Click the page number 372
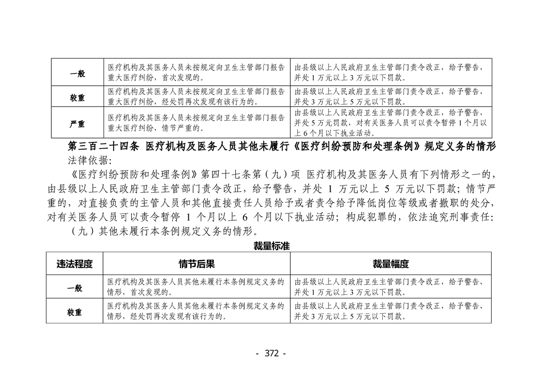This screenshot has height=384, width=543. pyautogui.click(x=271, y=353)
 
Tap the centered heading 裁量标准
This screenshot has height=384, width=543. pyautogui.click(x=271, y=246)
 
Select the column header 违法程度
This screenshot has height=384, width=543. pyautogui.click(x=75, y=264)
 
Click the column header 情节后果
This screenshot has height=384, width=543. pyautogui.click(x=196, y=264)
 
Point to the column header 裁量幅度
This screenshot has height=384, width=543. pyautogui.click(x=391, y=264)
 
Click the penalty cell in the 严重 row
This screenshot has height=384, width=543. pyautogui.click(x=391, y=123)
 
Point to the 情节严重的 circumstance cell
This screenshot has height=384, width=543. pyautogui.click(x=196, y=123)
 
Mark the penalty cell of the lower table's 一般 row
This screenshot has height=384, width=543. pyautogui.click(x=391, y=287)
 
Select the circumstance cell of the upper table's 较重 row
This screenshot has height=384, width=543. pyautogui.click(x=196, y=97)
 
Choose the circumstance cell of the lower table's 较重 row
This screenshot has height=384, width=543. pyautogui.click(x=196, y=311)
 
